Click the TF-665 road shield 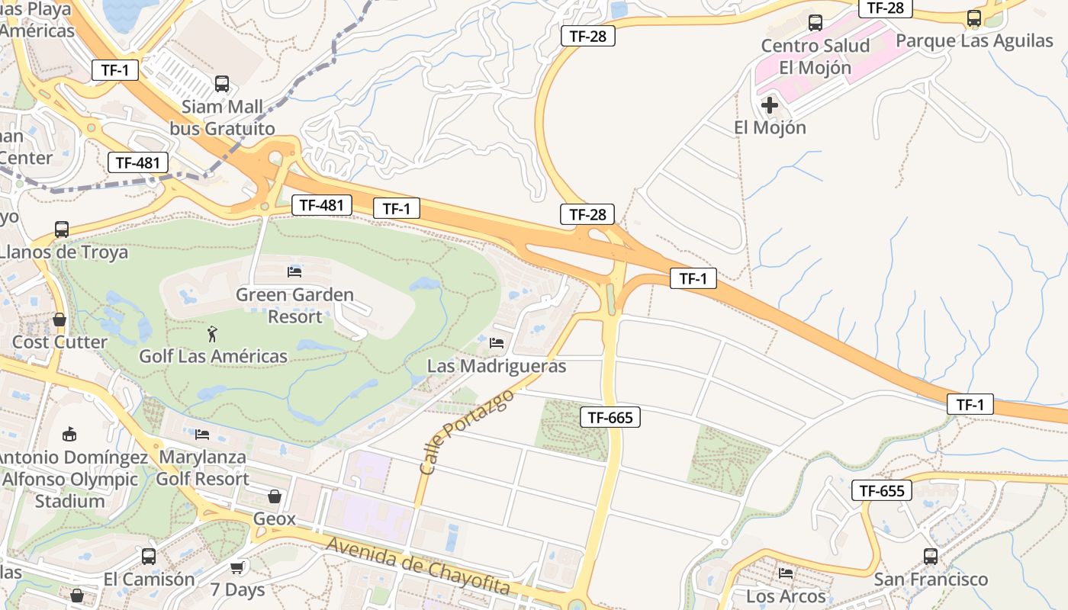tap(610, 417)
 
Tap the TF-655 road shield tap(882, 490)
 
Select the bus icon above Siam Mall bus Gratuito tap(222, 84)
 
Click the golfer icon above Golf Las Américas tap(212, 333)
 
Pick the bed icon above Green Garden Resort tap(294, 271)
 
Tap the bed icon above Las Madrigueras tap(497, 343)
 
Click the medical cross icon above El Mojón tap(770, 104)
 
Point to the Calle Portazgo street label tap(467, 432)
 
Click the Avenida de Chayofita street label tap(418, 565)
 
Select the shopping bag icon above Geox tap(275, 496)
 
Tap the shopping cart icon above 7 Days tap(237, 567)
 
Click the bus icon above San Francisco tap(931, 557)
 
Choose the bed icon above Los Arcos tap(786, 573)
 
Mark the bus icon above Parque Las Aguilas tap(974, 18)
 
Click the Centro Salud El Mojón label tap(815, 56)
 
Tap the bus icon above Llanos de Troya tap(62, 229)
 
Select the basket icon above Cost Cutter tap(60, 319)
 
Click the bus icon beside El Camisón tap(149, 557)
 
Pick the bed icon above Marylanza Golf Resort tap(202, 434)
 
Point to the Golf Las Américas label tap(213, 356)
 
